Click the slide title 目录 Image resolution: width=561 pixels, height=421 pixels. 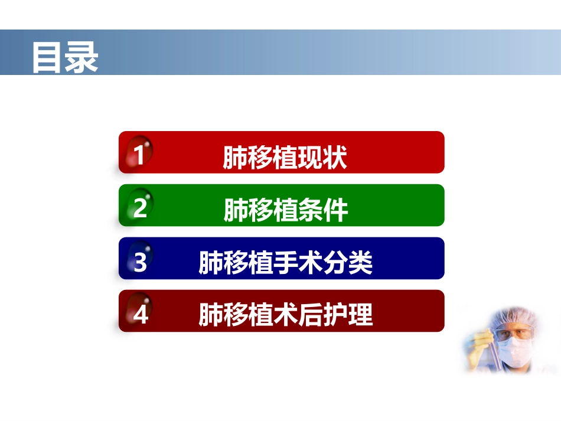pos(64,57)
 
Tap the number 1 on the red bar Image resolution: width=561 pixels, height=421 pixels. pos(139,155)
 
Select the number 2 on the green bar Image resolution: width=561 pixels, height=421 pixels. pos(140,208)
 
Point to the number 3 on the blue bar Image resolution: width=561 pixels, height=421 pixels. pos(140,262)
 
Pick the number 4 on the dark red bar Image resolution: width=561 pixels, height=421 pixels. pos(141,314)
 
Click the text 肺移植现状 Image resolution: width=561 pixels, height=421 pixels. pos(285,158)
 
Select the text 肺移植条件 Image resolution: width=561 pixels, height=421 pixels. pos(286,210)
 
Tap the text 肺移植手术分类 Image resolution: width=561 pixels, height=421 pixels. pos(286,263)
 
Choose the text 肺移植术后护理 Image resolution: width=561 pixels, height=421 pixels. pos(286,315)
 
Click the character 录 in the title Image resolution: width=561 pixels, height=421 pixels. pos(81,57)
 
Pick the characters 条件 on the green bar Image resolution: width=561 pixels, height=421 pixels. pos(328,210)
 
